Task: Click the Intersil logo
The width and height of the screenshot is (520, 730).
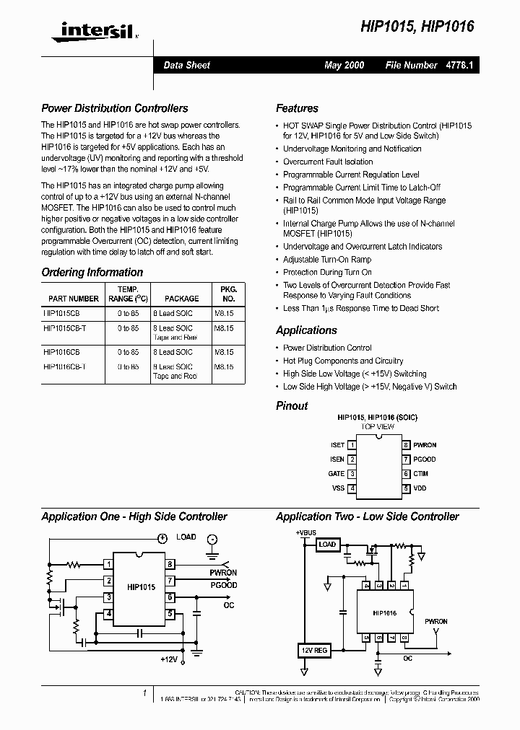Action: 90,30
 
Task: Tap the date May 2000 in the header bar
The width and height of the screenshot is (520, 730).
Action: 344,65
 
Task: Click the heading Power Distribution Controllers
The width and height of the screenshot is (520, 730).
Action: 115,108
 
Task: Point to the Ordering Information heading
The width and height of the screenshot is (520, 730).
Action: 92,272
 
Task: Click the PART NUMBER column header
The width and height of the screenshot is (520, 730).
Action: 74,298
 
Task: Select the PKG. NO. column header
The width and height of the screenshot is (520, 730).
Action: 228,293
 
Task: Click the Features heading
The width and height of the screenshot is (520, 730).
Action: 297,108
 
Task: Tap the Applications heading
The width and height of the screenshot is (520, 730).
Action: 306,330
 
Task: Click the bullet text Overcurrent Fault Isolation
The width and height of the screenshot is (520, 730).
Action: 328,162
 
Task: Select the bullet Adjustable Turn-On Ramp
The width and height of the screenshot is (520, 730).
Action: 327,259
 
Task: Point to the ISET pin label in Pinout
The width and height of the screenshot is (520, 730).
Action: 337,445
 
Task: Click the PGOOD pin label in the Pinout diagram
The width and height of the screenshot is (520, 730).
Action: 425,459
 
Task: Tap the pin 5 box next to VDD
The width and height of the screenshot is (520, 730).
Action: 407,488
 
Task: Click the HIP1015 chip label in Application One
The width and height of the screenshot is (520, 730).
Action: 142,587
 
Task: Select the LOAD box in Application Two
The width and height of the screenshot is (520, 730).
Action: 327,544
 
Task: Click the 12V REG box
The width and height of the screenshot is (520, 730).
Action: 313,651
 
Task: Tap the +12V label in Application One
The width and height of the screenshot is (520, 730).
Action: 170,659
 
